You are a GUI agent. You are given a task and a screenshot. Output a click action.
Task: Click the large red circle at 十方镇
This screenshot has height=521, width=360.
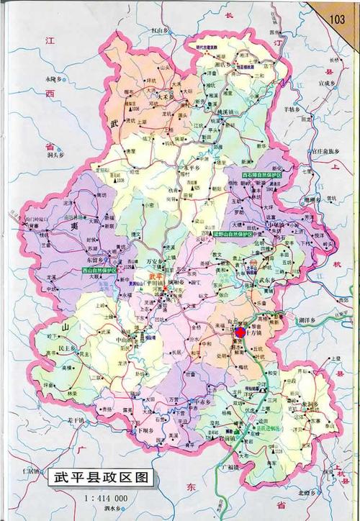(240, 332)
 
